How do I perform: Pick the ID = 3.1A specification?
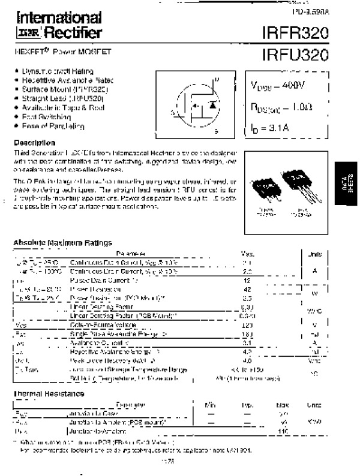271,127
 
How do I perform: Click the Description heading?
34,143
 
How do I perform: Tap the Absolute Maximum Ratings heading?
62,243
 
